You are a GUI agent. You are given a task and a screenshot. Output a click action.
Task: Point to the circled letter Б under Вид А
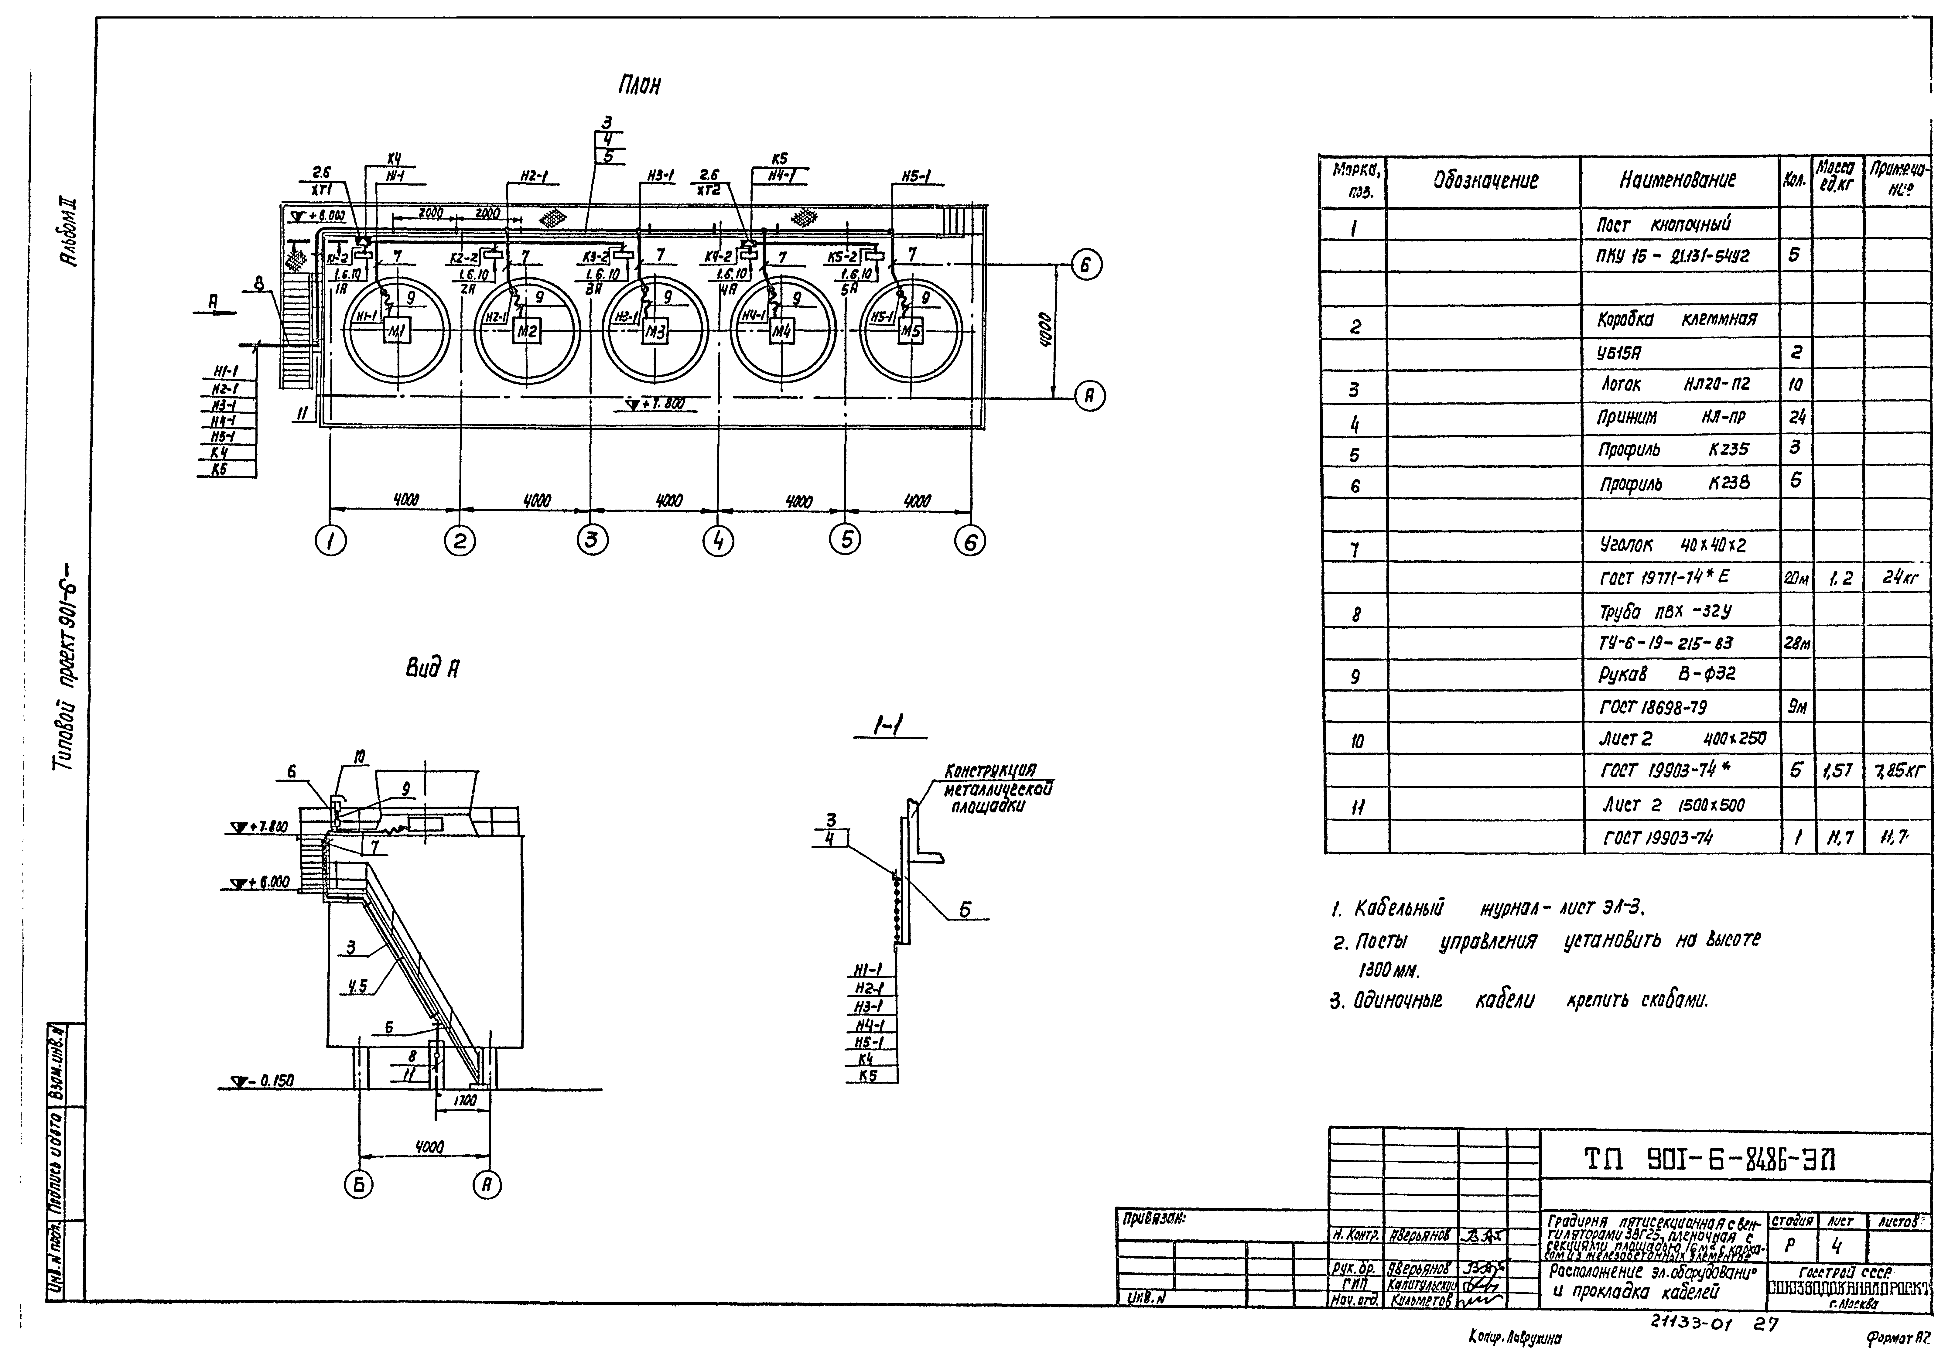coord(358,1185)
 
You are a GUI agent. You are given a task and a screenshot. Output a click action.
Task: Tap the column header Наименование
coord(1677,180)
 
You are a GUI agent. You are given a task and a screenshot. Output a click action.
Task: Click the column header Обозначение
coord(1486,180)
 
